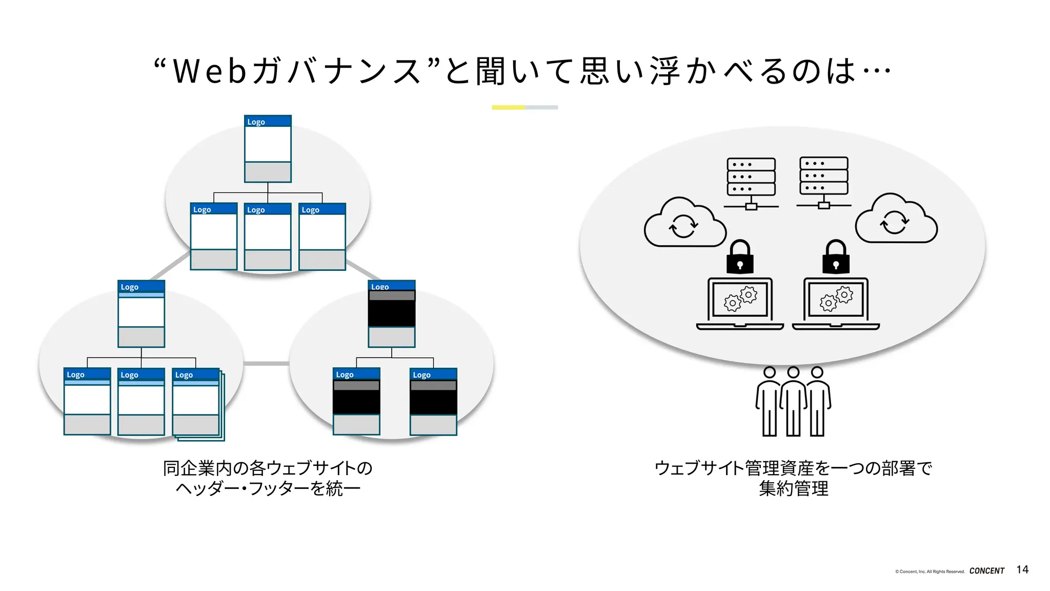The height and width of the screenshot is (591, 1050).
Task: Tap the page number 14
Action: [1022, 569]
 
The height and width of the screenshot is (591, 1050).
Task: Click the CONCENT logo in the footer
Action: [986, 570]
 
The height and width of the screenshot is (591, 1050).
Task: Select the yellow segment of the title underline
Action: [508, 107]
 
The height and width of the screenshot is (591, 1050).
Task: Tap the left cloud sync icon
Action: [684, 224]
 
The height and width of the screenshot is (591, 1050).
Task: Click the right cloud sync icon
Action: [896, 220]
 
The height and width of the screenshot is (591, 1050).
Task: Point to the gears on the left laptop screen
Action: [740, 299]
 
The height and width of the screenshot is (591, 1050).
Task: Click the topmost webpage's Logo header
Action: [268, 122]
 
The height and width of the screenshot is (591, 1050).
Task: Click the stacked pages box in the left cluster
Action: [197, 404]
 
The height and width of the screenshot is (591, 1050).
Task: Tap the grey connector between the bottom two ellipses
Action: [266, 363]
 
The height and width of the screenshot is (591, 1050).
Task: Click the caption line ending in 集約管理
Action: [793, 488]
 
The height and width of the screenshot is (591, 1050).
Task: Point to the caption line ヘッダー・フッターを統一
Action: [268, 488]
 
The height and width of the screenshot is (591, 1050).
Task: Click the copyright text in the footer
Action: [930, 571]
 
